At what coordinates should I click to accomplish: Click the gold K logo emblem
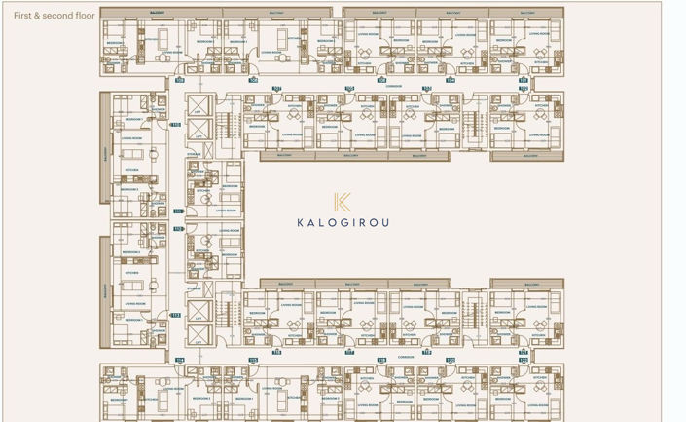342,202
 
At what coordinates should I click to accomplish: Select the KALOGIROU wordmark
343,222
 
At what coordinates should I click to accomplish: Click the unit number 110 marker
176,125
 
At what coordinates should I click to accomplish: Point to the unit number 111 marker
178,211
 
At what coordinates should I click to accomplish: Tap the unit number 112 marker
178,229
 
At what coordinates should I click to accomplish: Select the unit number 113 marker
176,315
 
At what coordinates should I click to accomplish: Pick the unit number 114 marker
179,360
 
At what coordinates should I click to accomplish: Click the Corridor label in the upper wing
393,86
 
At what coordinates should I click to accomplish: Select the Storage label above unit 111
195,153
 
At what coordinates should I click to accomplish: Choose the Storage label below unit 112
195,288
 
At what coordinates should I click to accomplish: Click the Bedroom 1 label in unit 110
135,119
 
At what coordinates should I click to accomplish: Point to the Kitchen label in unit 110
132,169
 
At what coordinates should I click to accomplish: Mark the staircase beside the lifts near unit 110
221,124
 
